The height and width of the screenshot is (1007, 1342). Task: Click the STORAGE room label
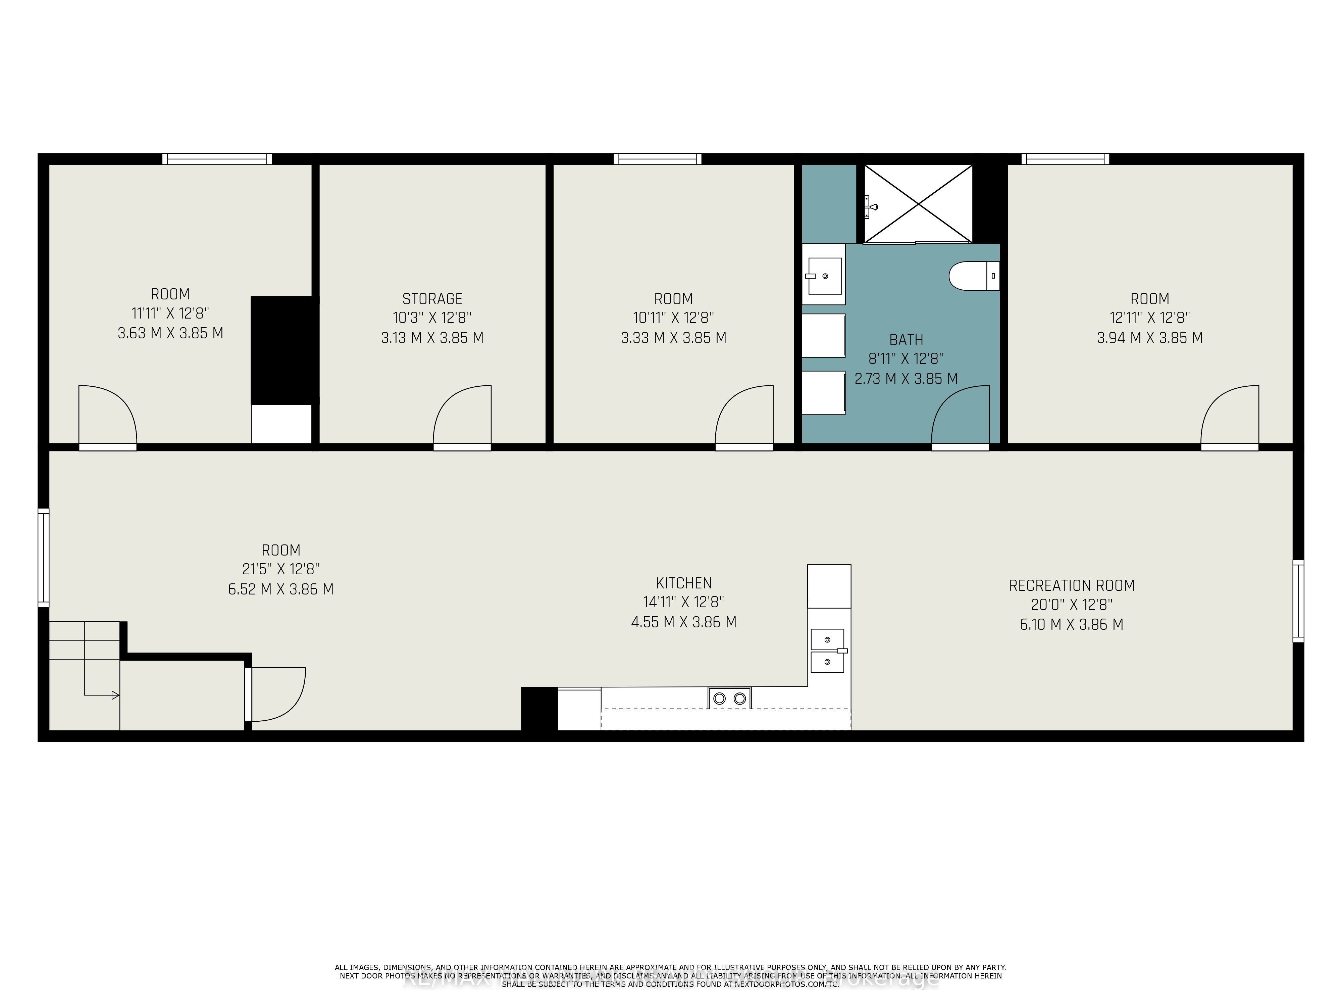[432, 299]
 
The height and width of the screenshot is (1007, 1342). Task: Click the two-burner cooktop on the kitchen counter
[729, 698]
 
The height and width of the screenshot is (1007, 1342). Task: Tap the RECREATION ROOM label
[1071, 586]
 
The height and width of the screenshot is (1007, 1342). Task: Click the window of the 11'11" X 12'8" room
[217, 159]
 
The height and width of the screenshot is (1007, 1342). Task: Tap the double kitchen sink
[828, 651]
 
